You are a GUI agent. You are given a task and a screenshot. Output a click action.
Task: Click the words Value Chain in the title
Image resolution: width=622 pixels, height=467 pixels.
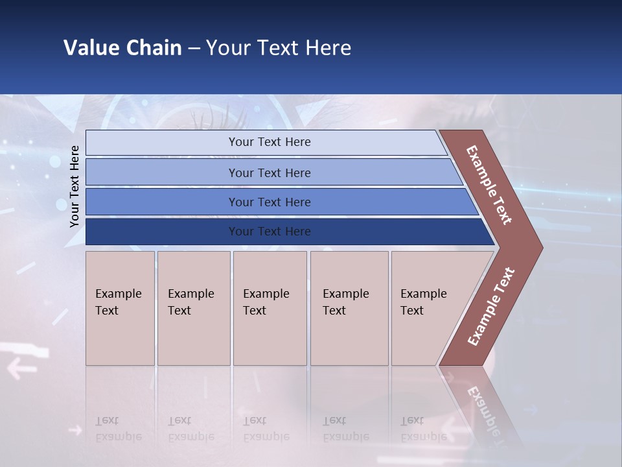(122, 48)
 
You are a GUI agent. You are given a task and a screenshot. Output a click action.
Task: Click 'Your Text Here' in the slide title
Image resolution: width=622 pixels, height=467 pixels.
(279, 48)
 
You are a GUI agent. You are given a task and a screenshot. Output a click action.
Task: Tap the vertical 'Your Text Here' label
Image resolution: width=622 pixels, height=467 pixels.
(75, 186)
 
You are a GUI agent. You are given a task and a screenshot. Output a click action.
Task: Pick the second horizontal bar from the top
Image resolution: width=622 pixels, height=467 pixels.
(270, 173)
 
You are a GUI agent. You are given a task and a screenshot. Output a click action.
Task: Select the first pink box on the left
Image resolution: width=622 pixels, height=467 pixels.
(120, 308)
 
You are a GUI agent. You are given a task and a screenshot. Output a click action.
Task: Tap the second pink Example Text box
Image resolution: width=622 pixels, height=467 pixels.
(194, 308)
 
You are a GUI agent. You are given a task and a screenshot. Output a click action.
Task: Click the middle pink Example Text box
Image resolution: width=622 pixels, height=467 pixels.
(270, 308)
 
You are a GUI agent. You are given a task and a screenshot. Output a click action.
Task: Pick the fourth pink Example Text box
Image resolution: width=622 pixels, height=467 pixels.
(349, 308)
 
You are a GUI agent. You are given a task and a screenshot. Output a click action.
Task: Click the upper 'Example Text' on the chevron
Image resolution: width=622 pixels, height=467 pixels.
(489, 185)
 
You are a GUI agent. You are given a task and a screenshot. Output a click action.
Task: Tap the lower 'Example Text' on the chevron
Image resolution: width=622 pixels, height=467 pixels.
(491, 306)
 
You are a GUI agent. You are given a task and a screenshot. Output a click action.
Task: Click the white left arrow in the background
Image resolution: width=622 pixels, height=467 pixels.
(22, 370)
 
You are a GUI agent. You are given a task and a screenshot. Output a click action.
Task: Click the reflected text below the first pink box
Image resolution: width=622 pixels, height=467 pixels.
(119, 428)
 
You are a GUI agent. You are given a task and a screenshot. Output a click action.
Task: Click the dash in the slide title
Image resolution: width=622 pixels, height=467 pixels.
(194, 49)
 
